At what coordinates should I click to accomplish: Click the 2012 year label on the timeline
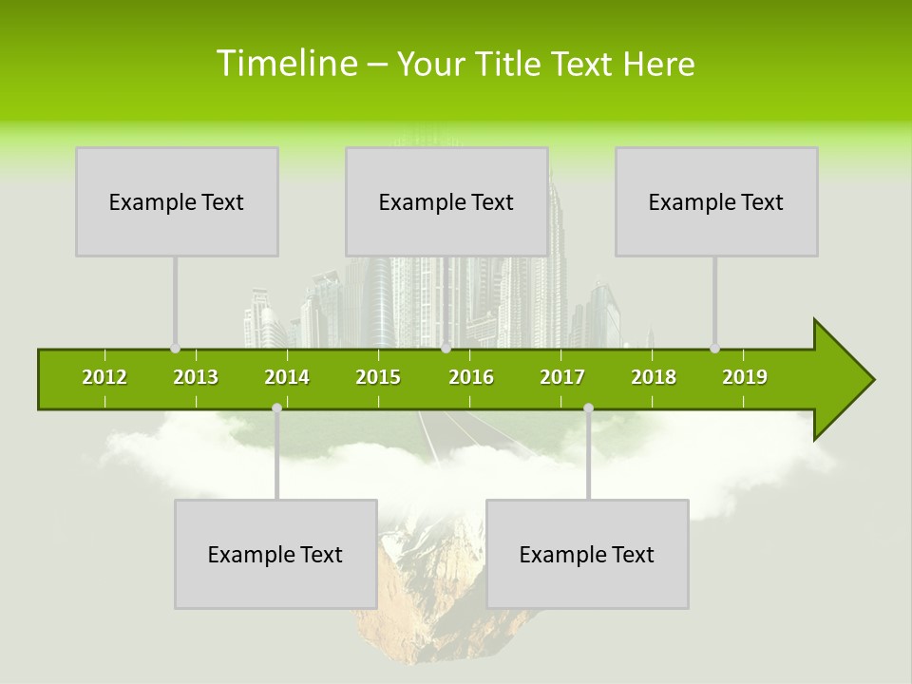[104, 377]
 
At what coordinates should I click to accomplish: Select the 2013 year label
[196, 377]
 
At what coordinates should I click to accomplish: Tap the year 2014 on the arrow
[287, 377]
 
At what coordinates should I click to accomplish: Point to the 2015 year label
[378, 377]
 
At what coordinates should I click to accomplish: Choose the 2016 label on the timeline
[471, 377]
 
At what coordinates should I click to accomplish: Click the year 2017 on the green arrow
[562, 377]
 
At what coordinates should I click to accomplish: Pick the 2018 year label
[654, 377]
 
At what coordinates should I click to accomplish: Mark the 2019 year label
[745, 377]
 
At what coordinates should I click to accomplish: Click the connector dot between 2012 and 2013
[175, 349]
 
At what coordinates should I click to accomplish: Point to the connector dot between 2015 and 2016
[446, 349]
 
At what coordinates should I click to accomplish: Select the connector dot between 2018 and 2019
[715, 349]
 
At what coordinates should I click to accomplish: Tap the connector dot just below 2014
[276, 408]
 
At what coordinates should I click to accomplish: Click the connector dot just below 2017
[588, 408]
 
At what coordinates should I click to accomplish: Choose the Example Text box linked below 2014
[275, 554]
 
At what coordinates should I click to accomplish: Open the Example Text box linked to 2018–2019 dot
[716, 201]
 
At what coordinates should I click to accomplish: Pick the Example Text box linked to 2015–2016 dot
[446, 201]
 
